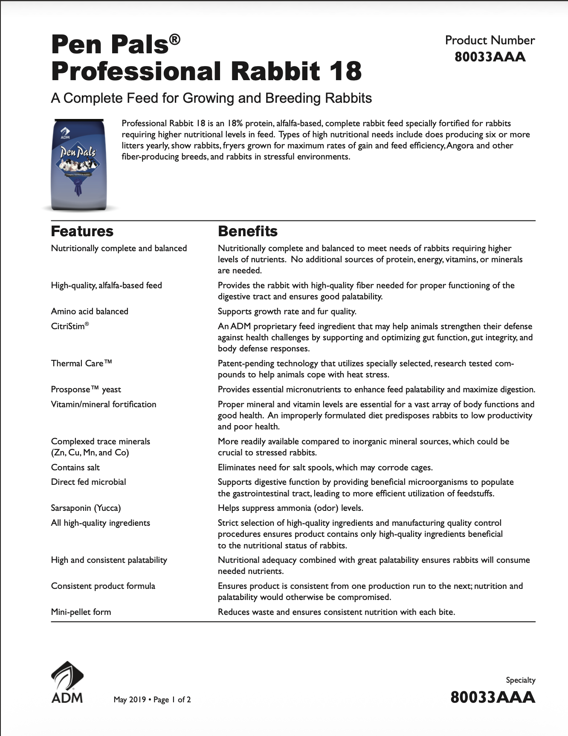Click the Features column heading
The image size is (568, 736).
tap(82, 231)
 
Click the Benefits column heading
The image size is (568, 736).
tap(247, 231)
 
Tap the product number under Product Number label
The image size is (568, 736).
tap(490, 57)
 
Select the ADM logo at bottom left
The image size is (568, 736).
tap(67, 682)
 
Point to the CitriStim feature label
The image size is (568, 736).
tap(70, 327)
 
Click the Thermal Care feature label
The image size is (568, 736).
tap(81, 363)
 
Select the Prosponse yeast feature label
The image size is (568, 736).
tap(86, 389)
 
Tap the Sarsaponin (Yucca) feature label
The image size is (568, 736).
tap(86, 508)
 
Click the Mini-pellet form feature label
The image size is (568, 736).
tap(81, 612)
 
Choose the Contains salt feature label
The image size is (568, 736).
tap(75, 467)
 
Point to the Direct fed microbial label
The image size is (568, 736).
tap(88, 482)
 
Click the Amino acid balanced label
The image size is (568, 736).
tap(90, 311)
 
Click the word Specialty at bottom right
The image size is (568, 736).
tap(520, 680)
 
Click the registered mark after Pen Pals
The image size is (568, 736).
tap(175, 40)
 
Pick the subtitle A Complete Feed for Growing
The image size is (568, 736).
tap(211, 98)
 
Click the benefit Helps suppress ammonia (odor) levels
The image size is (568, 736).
tap(290, 508)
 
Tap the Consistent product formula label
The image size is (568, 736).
tap(103, 586)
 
